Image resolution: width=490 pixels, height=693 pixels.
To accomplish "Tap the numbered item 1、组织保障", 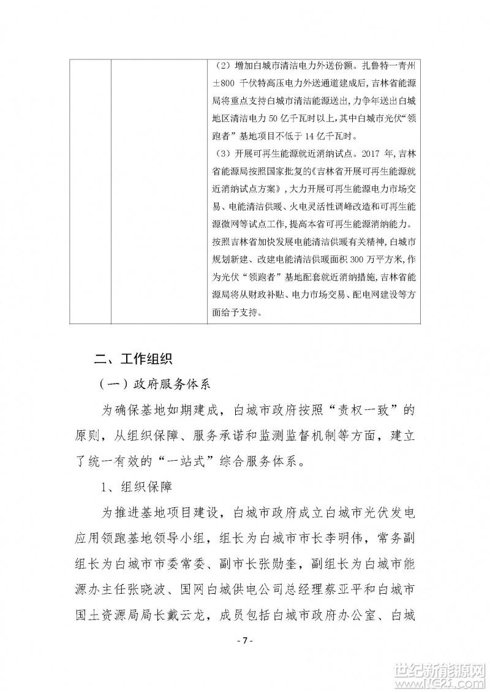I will [x=136, y=488].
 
